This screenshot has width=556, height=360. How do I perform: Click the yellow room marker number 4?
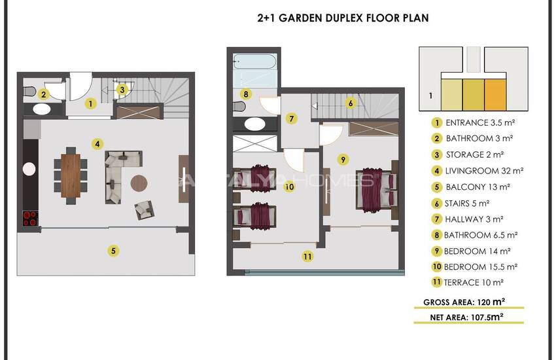[97, 144]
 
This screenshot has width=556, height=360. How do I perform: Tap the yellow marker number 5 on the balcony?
[113, 251]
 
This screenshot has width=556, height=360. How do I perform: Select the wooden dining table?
[71, 175]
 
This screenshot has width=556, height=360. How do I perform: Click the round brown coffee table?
[139, 183]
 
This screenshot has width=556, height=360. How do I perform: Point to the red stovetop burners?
[31, 218]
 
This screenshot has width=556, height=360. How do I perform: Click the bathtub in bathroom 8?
[254, 62]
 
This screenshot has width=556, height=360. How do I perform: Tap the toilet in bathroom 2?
[30, 92]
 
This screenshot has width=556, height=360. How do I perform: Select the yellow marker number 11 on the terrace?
[307, 256]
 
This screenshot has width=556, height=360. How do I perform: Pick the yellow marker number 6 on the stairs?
[351, 103]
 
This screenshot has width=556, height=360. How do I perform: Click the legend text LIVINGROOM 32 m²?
[484, 171]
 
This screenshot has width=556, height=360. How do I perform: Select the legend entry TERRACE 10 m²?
[474, 283]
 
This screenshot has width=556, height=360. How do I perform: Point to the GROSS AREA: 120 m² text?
[464, 302]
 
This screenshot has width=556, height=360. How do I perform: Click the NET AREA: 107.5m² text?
[466, 317]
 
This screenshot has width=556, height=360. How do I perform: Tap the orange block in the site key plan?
[495, 95]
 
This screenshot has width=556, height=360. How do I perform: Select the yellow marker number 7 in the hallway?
[292, 118]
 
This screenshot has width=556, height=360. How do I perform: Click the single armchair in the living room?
[145, 209]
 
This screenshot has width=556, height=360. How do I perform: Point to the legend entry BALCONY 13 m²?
[478, 187]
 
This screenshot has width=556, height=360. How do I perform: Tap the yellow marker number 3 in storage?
[122, 90]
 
